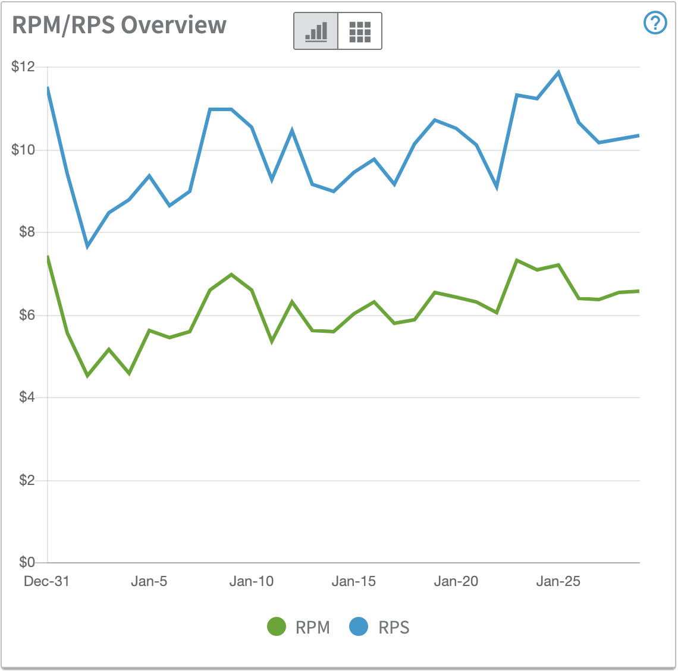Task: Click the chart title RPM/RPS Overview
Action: pyautogui.click(x=119, y=26)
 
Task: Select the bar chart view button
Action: pyautogui.click(x=316, y=31)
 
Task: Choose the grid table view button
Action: pyautogui.click(x=360, y=31)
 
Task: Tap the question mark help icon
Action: pyautogui.click(x=655, y=23)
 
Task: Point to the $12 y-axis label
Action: pyautogui.click(x=23, y=67)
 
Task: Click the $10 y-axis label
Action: pyautogui.click(x=23, y=149)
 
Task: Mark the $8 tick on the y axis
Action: pyautogui.click(x=27, y=232)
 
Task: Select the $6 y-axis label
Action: pyautogui.click(x=27, y=314)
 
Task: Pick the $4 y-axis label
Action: pyautogui.click(x=27, y=397)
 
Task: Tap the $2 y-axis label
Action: pyautogui.click(x=27, y=480)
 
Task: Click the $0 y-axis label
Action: pyautogui.click(x=27, y=562)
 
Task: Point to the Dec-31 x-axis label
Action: pyautogui.click(x=46, y=581)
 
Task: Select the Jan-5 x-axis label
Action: pyautogui.click(x=149, y=581)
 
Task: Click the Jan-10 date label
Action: pyautogui.click(x=251, y=581)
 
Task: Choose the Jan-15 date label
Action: pyautogui.click(x=353, y=581)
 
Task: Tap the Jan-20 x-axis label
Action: pyautogui.click(x=456, y=581)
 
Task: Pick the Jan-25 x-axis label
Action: pyautogui.click(x=558, y=581)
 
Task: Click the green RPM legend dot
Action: pyautogui.click(x=277, y=626)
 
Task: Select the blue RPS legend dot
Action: pyautogui.click(x=359, y=626)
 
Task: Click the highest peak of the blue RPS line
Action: pyautogui.click(x=558, y=73)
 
